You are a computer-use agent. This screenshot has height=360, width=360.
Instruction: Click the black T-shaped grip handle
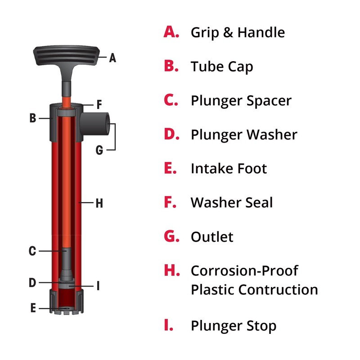66,57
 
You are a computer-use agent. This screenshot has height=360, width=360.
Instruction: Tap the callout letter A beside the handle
112,58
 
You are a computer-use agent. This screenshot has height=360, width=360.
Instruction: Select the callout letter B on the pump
32,118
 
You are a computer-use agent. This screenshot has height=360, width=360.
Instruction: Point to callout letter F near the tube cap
99,105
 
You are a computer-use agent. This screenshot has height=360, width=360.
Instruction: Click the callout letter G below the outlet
99,150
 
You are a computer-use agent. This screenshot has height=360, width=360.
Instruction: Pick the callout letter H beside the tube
99,203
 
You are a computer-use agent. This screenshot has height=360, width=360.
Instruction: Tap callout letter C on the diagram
32,251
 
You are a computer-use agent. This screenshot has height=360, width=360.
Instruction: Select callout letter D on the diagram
32,283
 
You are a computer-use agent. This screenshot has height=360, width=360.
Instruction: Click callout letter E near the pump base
33,308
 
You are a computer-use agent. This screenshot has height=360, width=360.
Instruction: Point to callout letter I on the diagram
98,286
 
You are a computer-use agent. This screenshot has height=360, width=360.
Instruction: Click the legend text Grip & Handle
238,32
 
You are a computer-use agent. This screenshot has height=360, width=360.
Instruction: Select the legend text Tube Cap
222,67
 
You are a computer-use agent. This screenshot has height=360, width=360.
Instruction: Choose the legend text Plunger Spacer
241,100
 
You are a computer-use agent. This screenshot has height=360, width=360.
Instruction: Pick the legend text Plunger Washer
244,135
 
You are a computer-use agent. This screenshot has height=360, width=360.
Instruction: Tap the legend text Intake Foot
229,169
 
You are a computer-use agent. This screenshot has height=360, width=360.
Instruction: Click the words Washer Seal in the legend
232,202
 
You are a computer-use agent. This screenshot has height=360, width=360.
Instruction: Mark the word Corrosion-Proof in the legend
244,271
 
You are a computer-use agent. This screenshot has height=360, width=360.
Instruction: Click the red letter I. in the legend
169,325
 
